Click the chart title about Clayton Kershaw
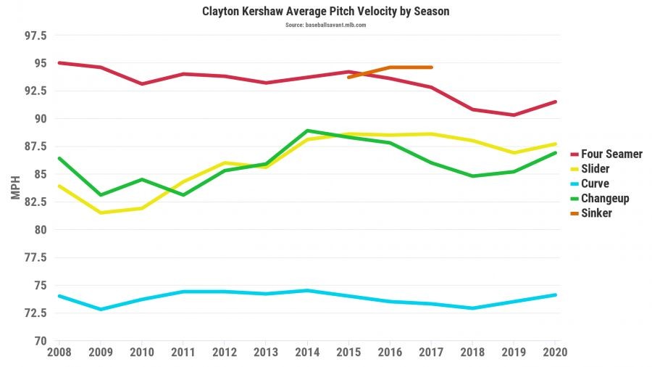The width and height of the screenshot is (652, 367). pos(325,12)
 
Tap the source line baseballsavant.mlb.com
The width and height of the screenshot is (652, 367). pos(325,25)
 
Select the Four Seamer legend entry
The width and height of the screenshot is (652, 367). pos(611,154)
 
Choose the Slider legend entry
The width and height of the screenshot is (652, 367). pos(595,169)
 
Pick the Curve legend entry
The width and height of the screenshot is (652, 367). pos(595,183)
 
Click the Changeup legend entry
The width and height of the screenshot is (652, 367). pos(605,198)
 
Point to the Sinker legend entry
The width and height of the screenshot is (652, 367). pos(596,213)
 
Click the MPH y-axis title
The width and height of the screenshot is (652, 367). pos(16,188)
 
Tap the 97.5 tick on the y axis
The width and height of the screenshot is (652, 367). pos(35,36)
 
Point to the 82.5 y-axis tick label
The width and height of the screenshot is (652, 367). pos(35,202)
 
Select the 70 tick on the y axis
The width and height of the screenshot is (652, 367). pos(41,341)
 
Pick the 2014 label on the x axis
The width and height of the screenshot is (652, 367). pos(307,352)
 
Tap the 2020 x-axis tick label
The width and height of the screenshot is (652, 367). pos(556,352)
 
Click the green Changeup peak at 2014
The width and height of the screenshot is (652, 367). pos(307,131)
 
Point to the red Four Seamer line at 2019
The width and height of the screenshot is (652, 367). pos(514,115)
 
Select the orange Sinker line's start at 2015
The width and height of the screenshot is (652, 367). pos(348,77)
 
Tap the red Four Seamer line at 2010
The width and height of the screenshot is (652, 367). pos(141,83)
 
